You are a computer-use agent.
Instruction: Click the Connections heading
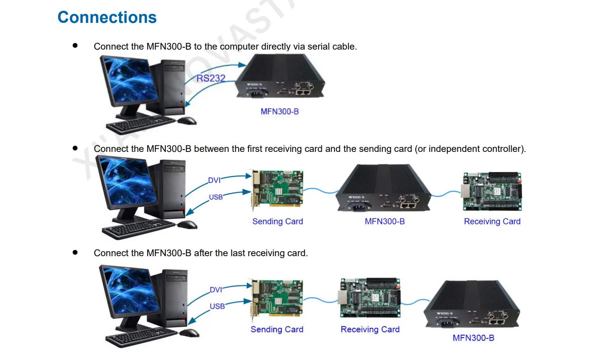(107, 17)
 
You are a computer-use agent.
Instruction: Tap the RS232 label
(210, 78)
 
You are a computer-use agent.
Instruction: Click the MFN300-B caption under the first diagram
(279, 112)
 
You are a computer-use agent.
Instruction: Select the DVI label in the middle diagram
(214, 180)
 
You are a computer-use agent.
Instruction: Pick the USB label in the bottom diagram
(217, 306)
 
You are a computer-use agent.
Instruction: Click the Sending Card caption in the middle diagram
(278, 221)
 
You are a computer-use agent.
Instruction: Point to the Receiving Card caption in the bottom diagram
(370, 329)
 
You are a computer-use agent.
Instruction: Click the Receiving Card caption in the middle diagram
(492, 221)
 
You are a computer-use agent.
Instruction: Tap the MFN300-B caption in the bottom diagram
(473, 338)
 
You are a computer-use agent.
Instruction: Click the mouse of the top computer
(188, 121)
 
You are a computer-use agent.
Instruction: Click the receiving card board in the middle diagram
(492, 191)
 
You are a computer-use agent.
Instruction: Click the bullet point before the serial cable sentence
(75, 46)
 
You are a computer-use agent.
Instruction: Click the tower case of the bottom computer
(174, 298)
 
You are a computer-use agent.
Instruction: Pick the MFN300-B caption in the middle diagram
(384, 221)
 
